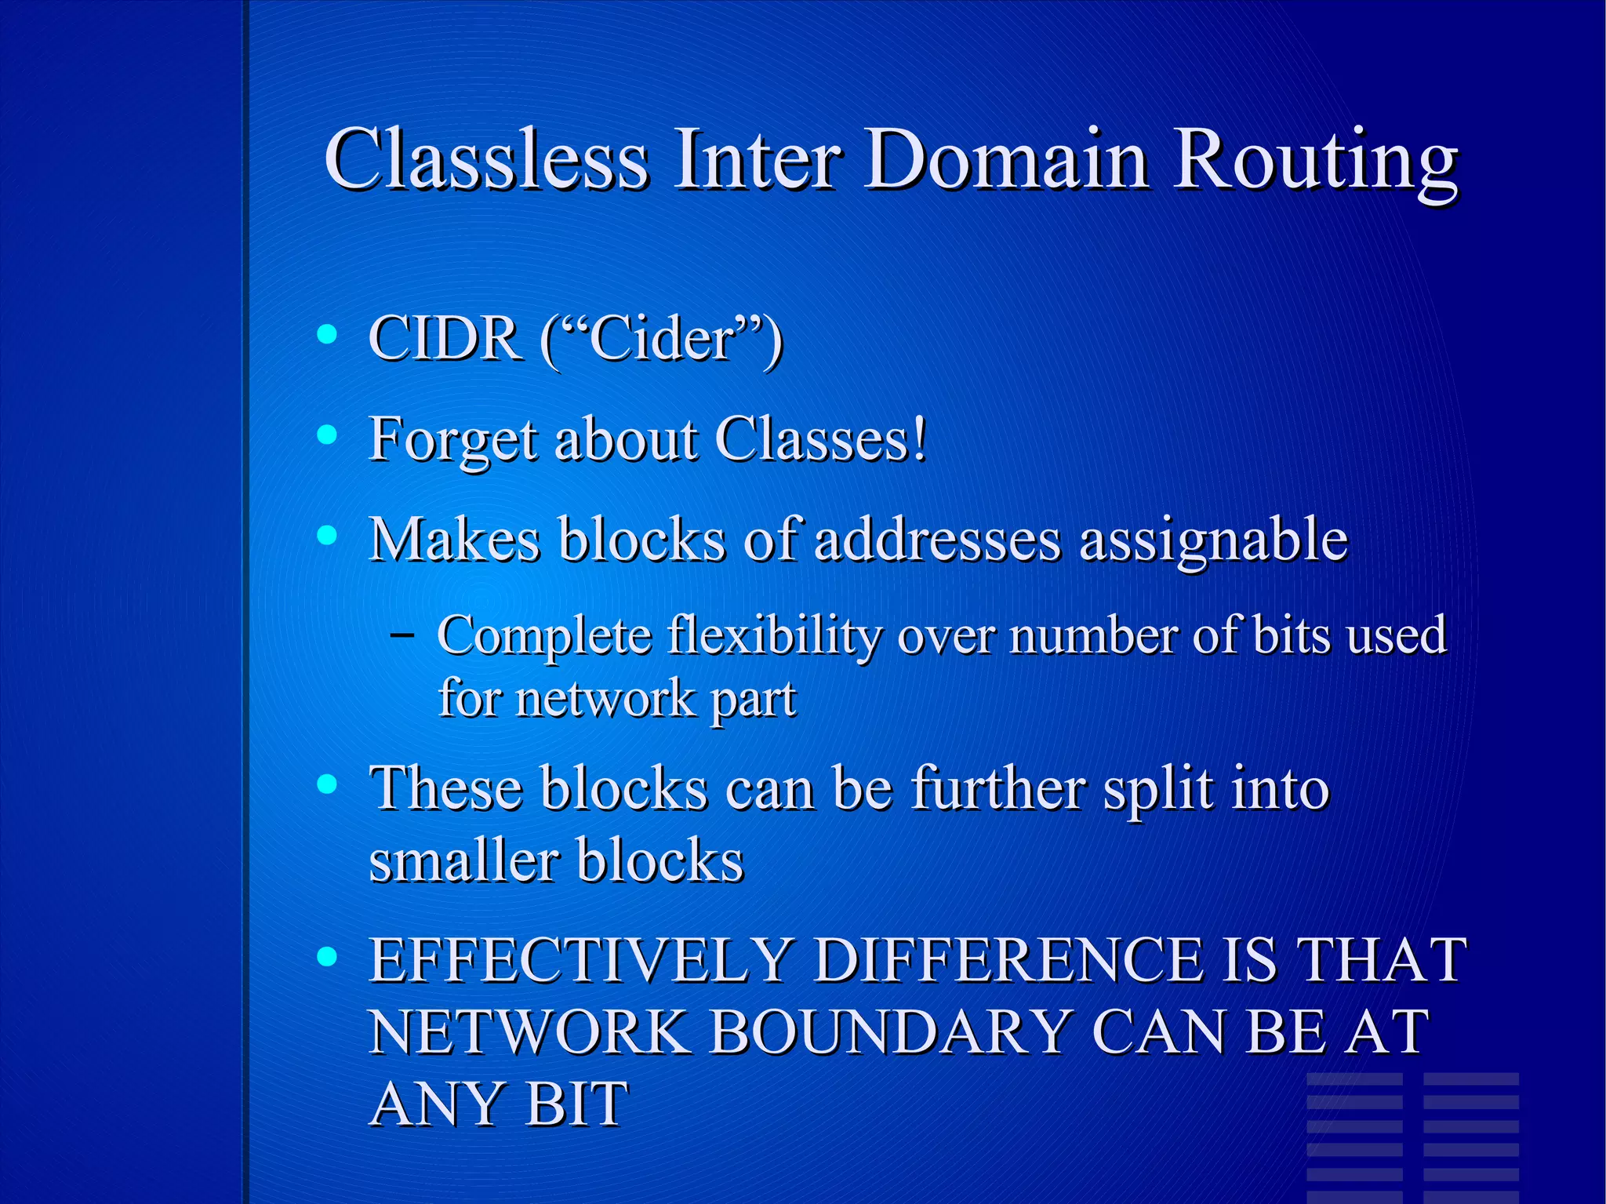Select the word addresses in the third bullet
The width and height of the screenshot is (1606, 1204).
(937, 540)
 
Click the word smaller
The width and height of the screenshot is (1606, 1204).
(462, 860)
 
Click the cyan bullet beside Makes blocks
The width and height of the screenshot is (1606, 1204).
(327, 536)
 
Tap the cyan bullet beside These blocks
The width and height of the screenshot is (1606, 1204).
(327, 784)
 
